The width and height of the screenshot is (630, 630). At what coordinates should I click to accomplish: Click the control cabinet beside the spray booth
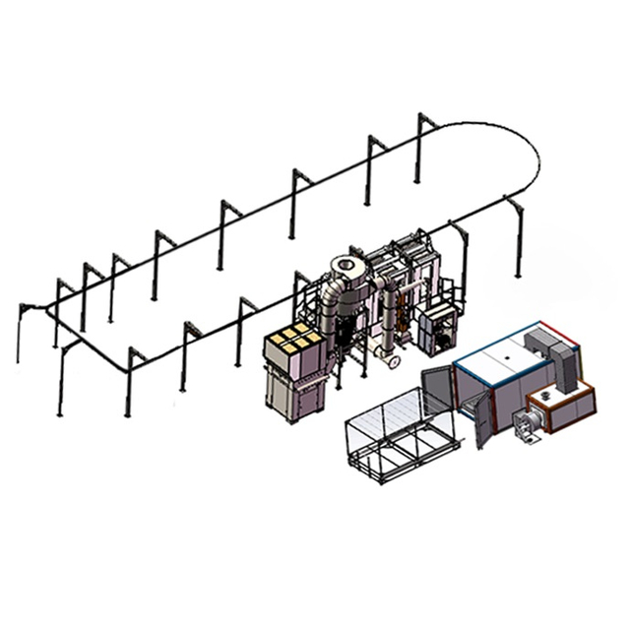point(433,331)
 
